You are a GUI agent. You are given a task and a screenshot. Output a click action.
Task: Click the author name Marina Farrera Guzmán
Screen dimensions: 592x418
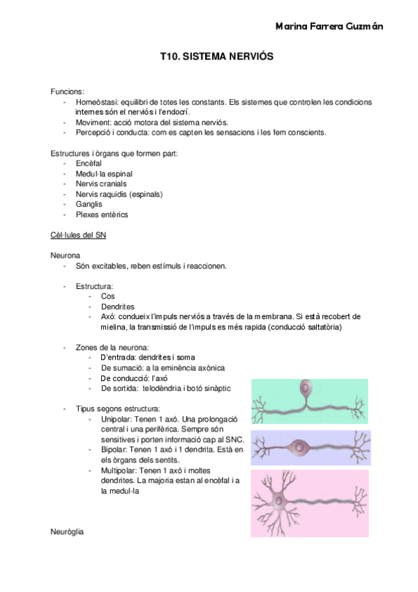click(x=329, y=27)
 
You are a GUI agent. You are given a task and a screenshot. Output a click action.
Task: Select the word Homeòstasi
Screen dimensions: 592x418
click(x=97, y=101)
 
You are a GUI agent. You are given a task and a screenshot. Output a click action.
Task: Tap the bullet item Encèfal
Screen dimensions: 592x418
click(x=89, y=163)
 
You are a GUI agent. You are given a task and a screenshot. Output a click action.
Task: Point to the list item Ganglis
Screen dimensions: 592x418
click(x=89, y=205)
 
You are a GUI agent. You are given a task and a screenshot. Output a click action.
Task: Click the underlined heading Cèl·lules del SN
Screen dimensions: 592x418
click(x=78, y=235)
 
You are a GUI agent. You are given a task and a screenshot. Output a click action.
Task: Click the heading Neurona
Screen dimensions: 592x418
click(x=65, y=256)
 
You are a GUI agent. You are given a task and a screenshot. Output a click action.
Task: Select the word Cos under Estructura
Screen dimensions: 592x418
click(x=107, y=296)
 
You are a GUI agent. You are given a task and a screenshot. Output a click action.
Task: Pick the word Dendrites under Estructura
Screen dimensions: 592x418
click(x=117, y=306)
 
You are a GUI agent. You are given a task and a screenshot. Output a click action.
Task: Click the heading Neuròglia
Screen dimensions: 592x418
click(x=67, y=532)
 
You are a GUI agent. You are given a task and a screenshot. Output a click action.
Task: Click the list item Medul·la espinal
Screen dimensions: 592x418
click(x=104, y=173)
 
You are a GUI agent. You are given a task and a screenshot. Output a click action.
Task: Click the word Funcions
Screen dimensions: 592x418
click(x=68, y=91)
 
